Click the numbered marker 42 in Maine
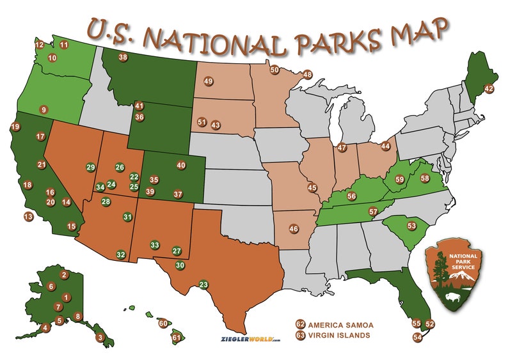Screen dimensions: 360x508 (x=489, y=89)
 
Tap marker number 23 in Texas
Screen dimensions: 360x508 (x=204, y=285)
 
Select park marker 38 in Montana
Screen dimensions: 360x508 (x=123, y=58)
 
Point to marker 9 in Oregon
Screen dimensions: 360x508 (x=44, y=109)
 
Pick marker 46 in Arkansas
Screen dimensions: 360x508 (x=294, y=229)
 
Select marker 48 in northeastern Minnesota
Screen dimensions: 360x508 (x=308, y=75)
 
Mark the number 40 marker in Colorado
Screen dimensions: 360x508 (x=181, y=165)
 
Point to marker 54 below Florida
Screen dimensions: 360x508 (x=417, y=336)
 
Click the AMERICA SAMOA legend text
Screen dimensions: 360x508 (x=340, y=324)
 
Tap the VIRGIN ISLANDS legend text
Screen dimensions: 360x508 (x=338, y=334)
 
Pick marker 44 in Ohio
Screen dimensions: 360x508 (x=385, y=146)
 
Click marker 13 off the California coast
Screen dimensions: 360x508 (x=28, y=217)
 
